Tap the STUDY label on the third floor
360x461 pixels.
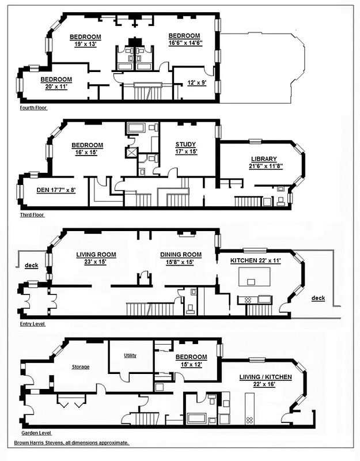185,145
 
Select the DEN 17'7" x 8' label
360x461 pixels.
46,186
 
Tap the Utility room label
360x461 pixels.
130,356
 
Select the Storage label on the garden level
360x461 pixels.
81,366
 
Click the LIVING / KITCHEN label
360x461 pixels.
266,377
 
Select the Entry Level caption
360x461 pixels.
32,324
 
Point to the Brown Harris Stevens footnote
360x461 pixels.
71,443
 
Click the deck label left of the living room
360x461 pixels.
32,266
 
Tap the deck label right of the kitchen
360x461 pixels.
318,298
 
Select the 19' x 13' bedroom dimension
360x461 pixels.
85,44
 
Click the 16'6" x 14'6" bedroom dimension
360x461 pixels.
184,43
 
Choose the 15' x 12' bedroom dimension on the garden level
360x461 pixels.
191,364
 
